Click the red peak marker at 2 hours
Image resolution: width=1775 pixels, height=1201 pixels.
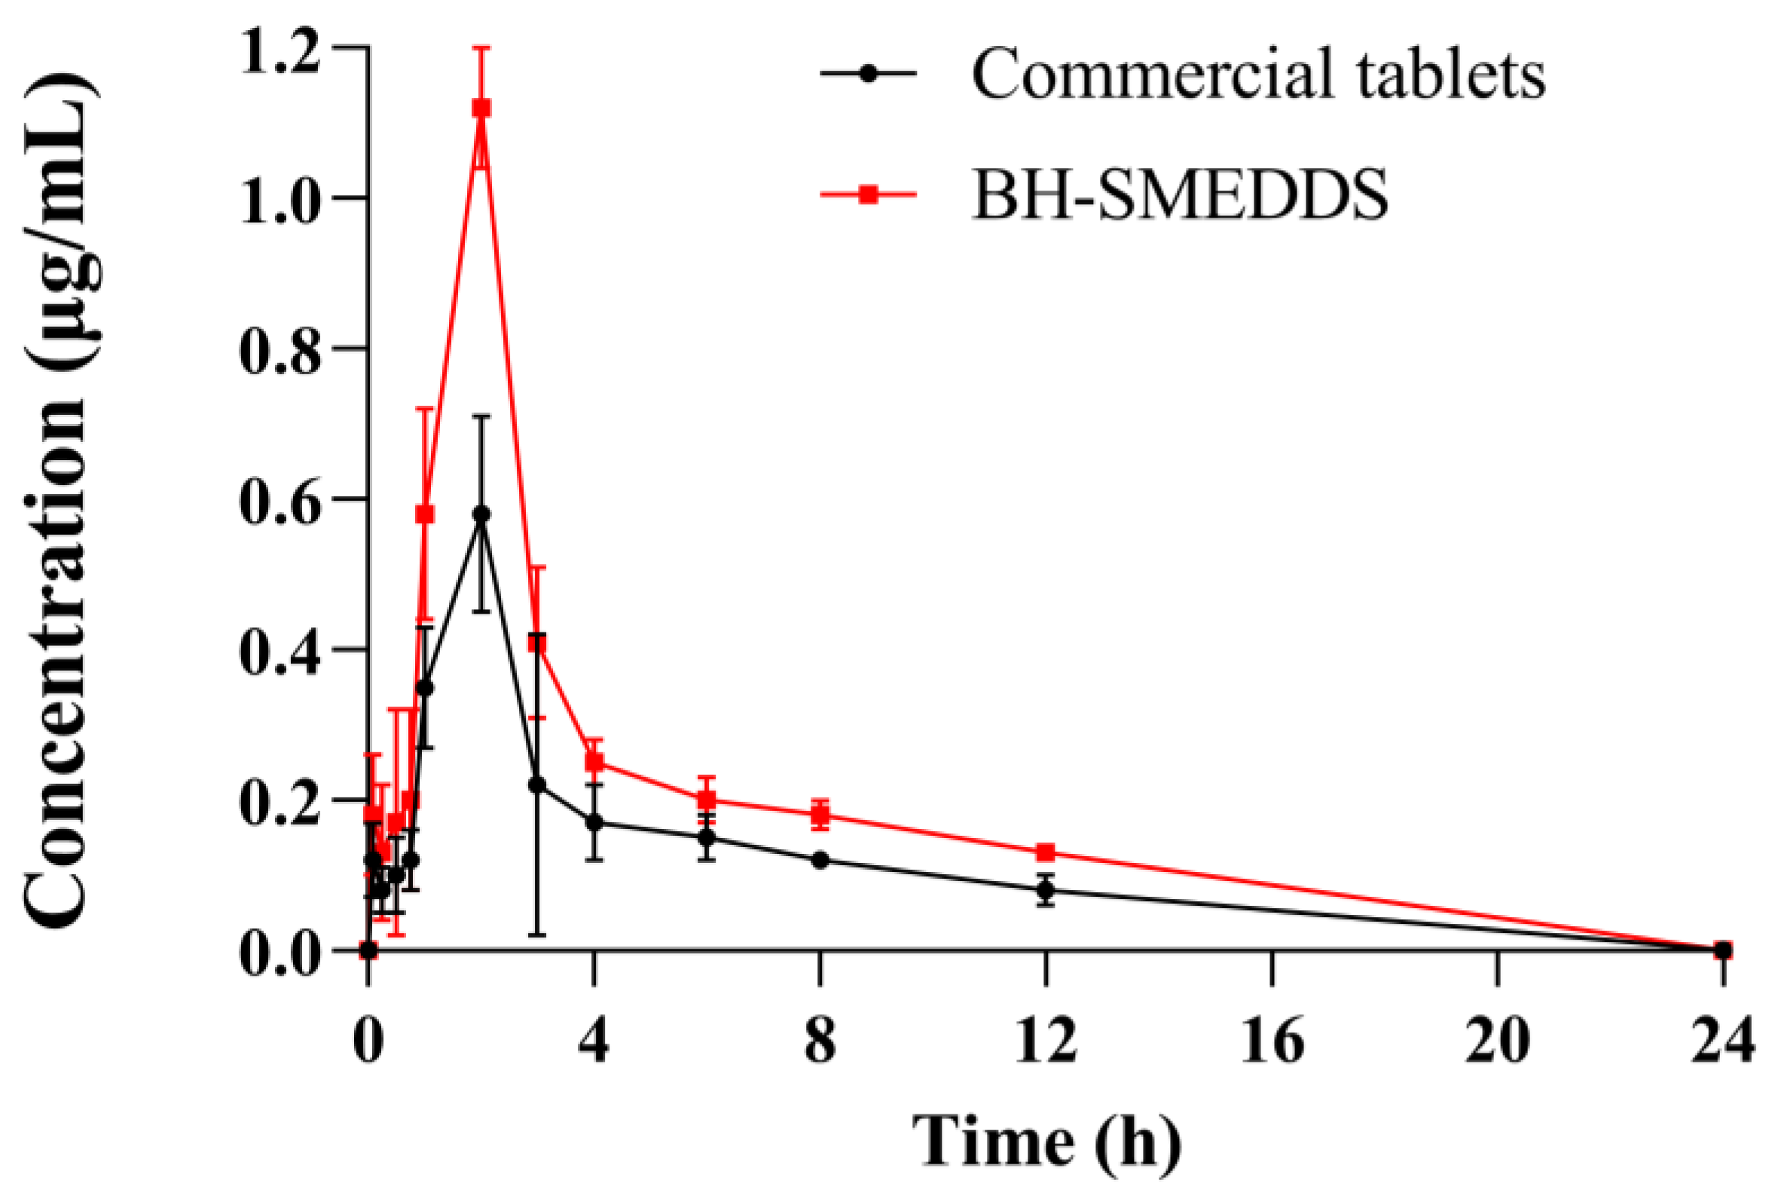coord(481,108)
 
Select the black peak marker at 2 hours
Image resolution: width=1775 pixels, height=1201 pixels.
coord(481,513)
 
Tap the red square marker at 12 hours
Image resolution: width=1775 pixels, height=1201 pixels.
coord(1046,852)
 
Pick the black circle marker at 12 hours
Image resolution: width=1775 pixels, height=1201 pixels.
coord(1046,889)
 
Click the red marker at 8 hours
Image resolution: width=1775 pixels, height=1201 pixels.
coord(820,814)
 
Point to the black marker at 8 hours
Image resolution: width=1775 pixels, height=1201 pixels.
coord(820,860)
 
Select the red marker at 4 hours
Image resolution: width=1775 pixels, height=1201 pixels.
coord(594,762)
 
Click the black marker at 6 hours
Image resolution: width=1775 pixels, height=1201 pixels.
coord(707,837)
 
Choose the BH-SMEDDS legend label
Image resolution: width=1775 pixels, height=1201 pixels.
coord(1180,196)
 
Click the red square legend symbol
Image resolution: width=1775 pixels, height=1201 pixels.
coord(868,196)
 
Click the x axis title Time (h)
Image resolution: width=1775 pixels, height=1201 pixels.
coord(1046,1142)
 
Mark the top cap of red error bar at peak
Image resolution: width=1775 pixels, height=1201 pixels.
coord(481,47)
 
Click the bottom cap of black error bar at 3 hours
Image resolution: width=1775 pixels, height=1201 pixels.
coord(537,934)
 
